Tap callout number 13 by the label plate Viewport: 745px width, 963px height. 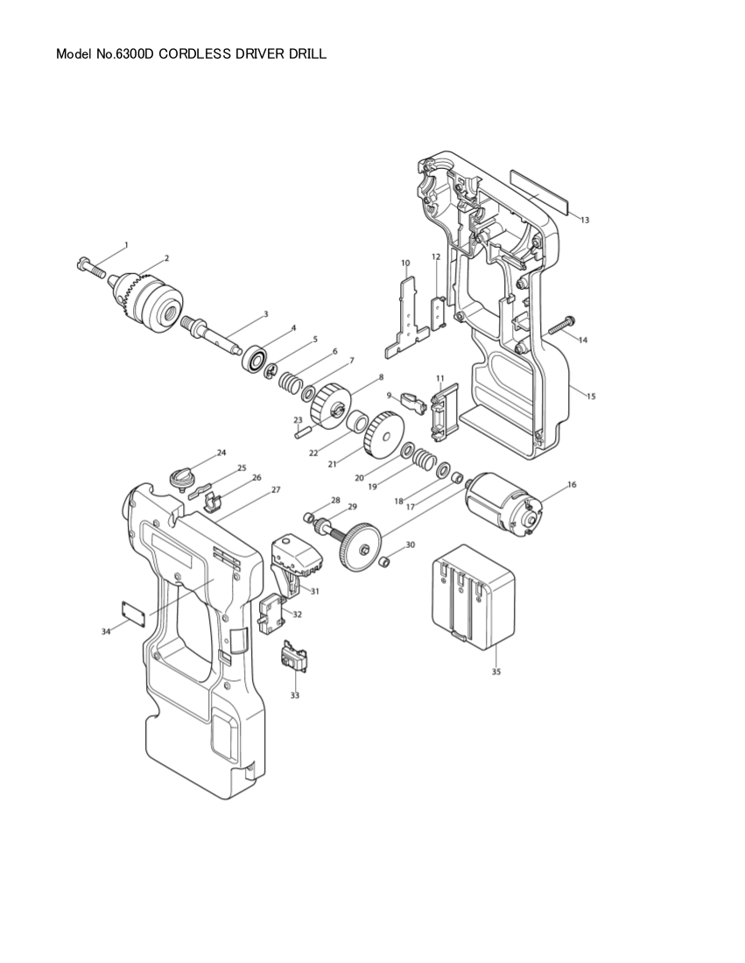[585, 220]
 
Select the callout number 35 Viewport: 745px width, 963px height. [496, 671]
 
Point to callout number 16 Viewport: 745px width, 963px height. [572, 485]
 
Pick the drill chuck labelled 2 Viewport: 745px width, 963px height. [147, 294]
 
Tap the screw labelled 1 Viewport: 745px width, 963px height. [90, 268]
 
